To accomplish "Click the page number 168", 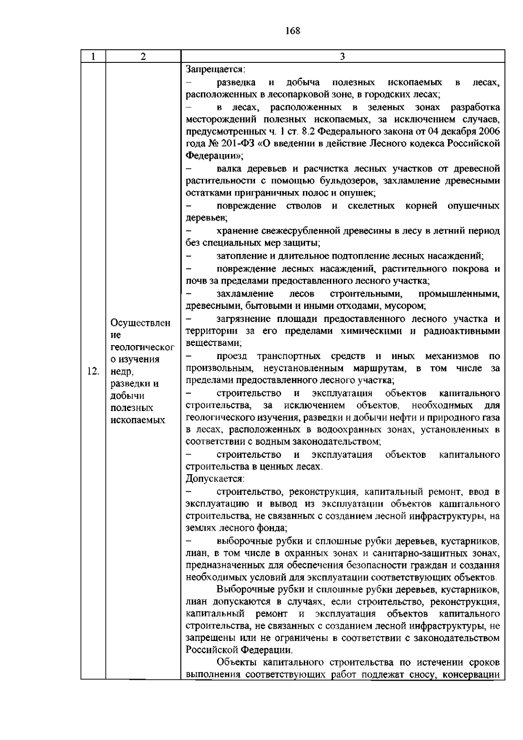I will (293, 31).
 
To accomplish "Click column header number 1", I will (93, 57).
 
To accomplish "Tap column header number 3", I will (342, 57).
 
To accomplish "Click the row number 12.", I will (93, 372).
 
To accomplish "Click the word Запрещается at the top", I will (215, 69).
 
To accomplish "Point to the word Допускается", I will (215, 479).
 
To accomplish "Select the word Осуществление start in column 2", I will (140, 323).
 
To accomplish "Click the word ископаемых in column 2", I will (138, 420).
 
